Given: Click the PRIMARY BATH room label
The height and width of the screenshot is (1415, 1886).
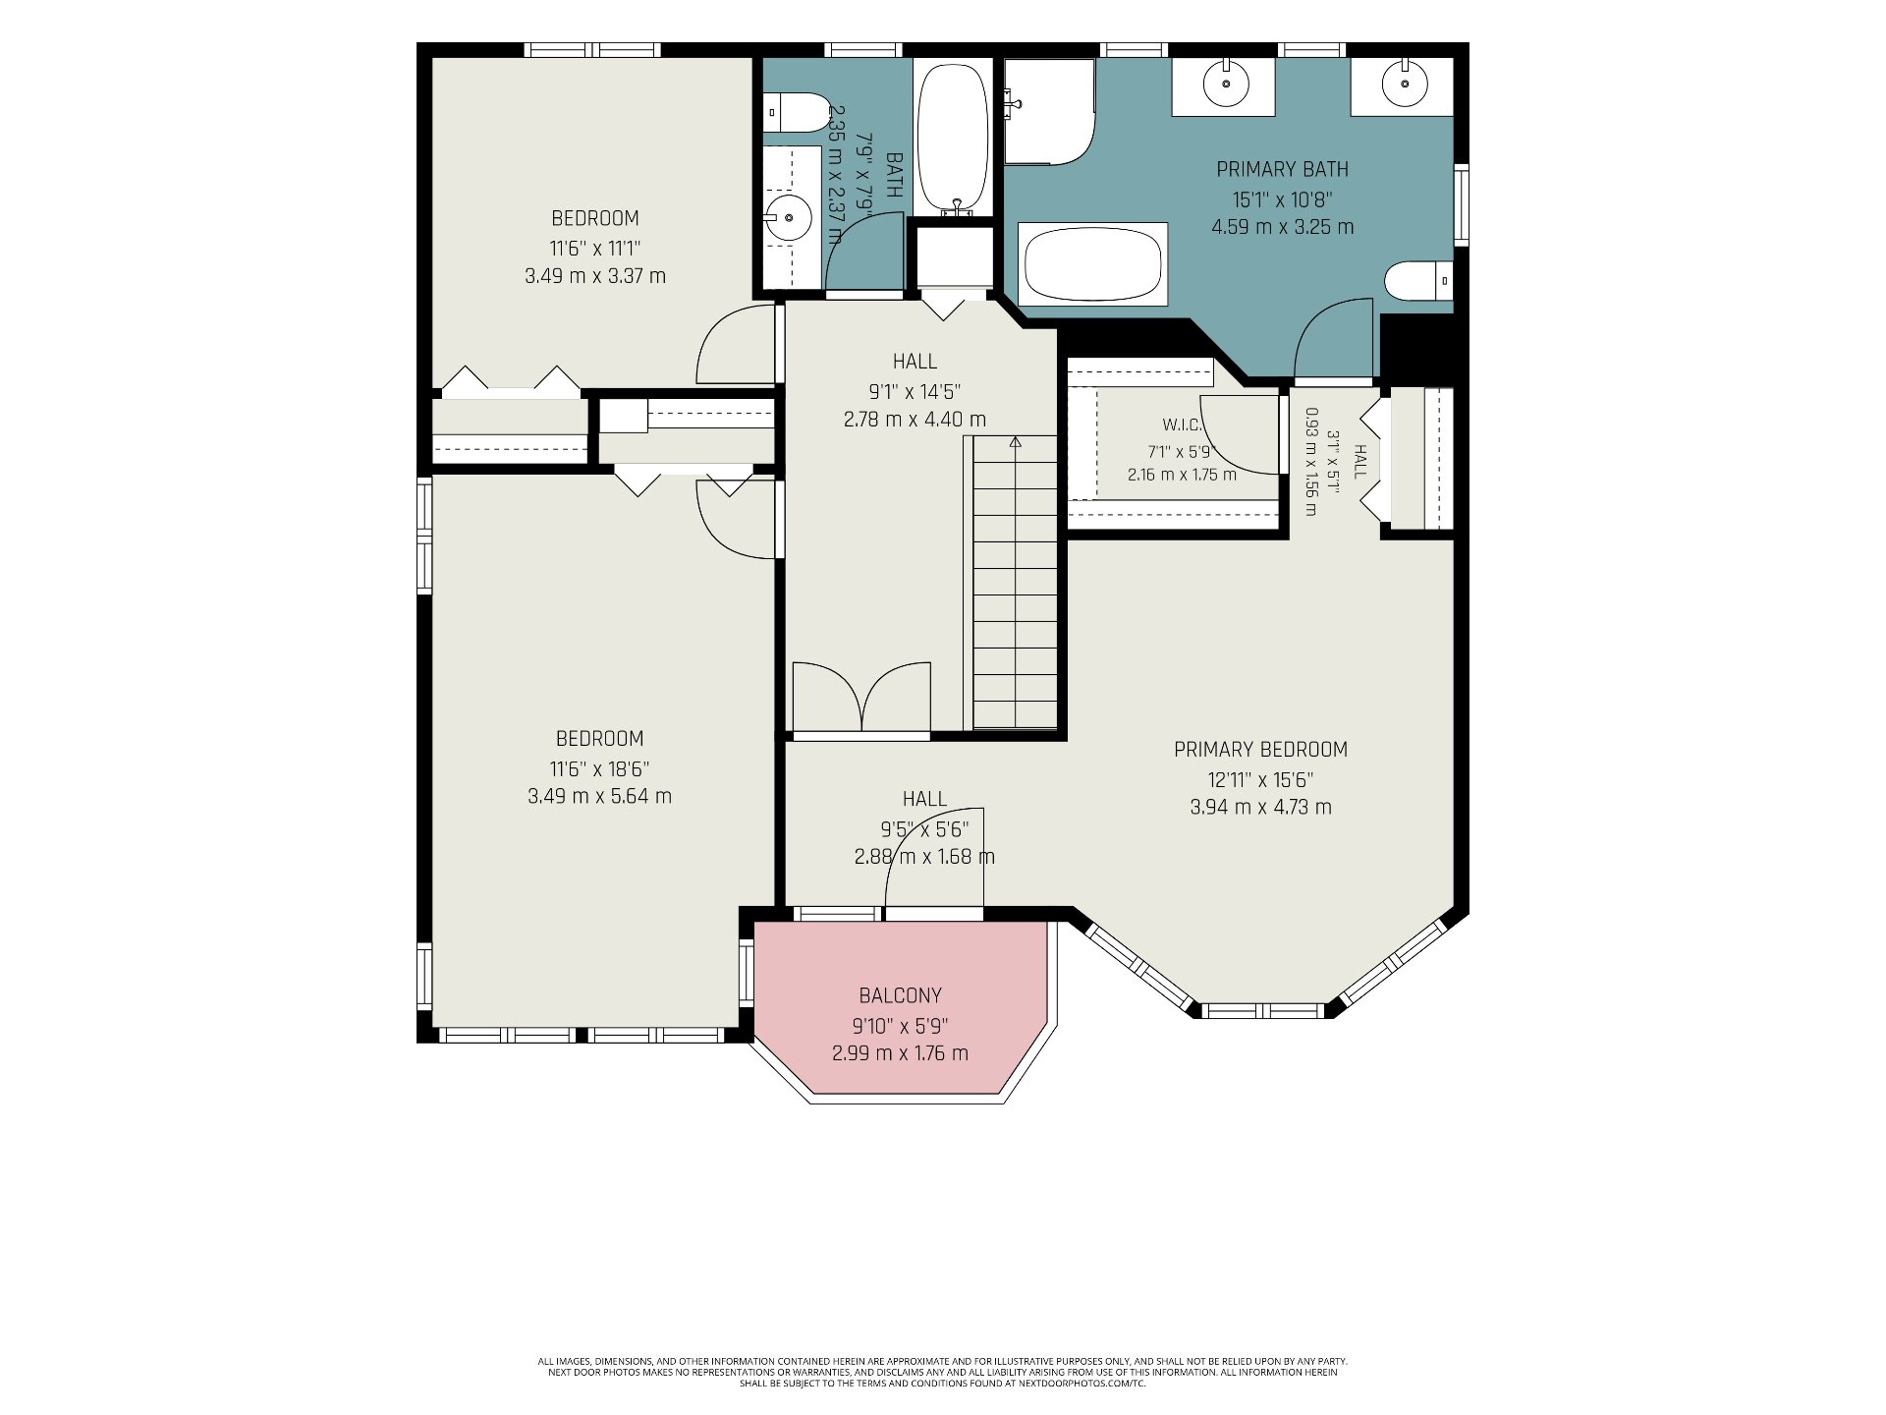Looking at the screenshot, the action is coord(1282,169).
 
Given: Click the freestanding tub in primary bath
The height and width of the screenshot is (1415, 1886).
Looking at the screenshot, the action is coord(1093,264).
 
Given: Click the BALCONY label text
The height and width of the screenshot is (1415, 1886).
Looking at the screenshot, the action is coord(900,995).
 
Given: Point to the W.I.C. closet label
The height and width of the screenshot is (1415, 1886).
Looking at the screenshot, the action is coord(1182,425).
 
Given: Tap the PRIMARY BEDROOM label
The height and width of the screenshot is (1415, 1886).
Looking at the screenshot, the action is coord(1260,750).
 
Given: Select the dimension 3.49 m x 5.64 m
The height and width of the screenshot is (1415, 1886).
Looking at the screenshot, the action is coord(599,796).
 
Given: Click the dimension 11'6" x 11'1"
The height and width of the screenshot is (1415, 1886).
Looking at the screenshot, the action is coord(595,249).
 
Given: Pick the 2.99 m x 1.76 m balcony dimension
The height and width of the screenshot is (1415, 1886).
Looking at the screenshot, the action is coord(900,1053).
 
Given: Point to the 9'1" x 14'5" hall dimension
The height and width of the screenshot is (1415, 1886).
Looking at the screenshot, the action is coord(915,392).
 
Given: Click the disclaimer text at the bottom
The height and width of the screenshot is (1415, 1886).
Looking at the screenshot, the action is coord(942,1373).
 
